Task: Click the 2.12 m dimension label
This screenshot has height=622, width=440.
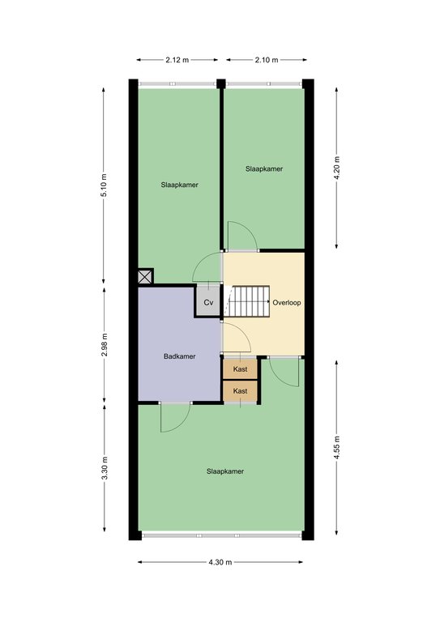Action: click(177, 60)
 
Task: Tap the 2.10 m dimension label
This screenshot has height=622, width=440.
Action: click(267, 60)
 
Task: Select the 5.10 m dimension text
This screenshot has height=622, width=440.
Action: click(104, 185)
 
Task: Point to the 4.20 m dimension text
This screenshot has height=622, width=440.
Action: click(337, 168)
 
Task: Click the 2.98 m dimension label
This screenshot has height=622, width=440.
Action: click(105, 345)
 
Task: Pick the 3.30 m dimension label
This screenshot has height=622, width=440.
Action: click(105, 468)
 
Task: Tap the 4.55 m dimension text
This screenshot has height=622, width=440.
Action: click(337, 448)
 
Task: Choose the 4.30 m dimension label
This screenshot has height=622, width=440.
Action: click(220, 562)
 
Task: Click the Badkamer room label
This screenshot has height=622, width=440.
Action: click(179, 356)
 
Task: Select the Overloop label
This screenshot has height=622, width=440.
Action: click(287, 302)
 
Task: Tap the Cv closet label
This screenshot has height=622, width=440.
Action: click(208, 303)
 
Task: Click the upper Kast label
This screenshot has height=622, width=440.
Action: click(240, 369)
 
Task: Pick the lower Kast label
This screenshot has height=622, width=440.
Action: click(240, 390)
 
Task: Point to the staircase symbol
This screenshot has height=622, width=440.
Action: click(247, 301)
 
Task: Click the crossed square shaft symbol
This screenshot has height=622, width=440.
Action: click(145, 276)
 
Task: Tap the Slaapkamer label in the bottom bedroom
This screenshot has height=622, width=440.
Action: click(225, 471)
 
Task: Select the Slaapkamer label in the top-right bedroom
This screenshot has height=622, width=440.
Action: click(264, 168)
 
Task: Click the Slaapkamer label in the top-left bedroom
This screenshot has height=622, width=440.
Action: click(179, 185)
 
